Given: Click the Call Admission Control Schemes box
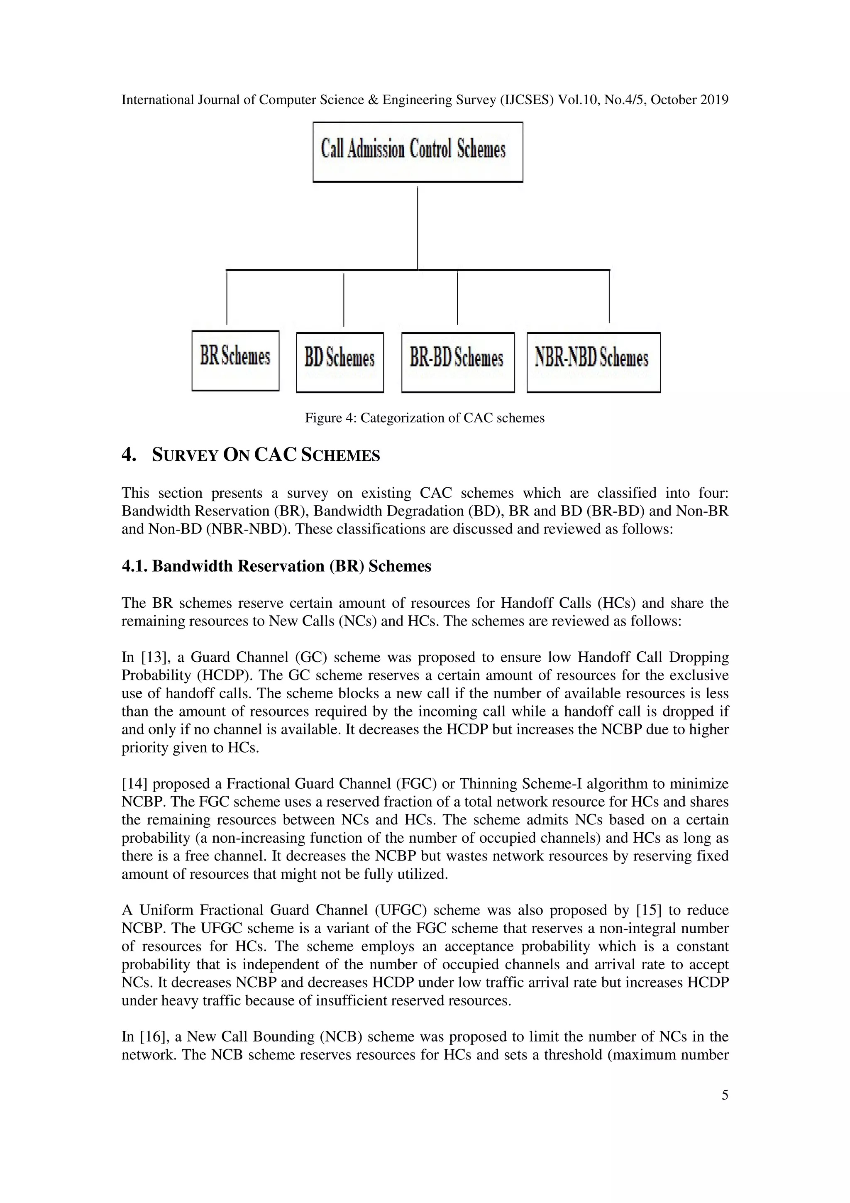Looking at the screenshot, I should (418, 152).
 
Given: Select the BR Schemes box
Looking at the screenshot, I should (235, 360).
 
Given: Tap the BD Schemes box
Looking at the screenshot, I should (340, 362).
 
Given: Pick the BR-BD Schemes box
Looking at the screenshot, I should (458, 362).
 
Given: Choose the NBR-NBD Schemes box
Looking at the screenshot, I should (594, 362).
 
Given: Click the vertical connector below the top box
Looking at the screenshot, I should (418, 228).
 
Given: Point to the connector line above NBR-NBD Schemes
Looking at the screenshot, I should (609, 296).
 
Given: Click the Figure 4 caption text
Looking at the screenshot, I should (425, 418).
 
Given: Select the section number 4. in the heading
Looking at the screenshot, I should (129, 455).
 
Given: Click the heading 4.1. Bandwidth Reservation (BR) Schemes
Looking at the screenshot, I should (276, 566).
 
